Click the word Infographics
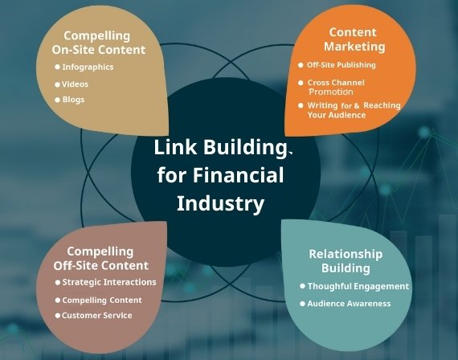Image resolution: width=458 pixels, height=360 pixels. click(88, 67)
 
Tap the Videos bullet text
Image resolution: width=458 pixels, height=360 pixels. click(75, 84)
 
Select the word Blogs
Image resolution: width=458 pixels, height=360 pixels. click(73, 100)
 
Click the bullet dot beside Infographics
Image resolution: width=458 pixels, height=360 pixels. click(57, 67)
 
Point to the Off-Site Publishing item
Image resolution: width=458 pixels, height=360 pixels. click(341, 65)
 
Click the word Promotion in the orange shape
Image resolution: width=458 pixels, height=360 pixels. click(331, 92)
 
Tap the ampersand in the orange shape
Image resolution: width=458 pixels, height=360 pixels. click(356, 106)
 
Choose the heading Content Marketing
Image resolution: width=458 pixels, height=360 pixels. click(354, 39)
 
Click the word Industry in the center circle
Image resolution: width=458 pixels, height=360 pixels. click(220, 203)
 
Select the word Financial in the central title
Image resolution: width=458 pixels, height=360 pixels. click(238, 174)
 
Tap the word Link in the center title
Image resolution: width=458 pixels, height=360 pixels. click(175, 147)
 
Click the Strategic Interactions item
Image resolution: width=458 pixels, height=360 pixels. click(109, 282)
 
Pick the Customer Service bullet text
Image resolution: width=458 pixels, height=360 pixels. click(97, 315)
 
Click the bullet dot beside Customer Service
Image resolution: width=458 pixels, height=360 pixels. click(58, 315)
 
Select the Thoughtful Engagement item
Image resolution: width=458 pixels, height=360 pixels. click(358, 286)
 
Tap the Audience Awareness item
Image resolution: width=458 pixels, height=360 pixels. click(349, 304)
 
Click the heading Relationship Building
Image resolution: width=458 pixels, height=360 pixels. click(346, 261)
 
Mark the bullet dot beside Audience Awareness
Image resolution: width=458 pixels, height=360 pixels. click(303, 304)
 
